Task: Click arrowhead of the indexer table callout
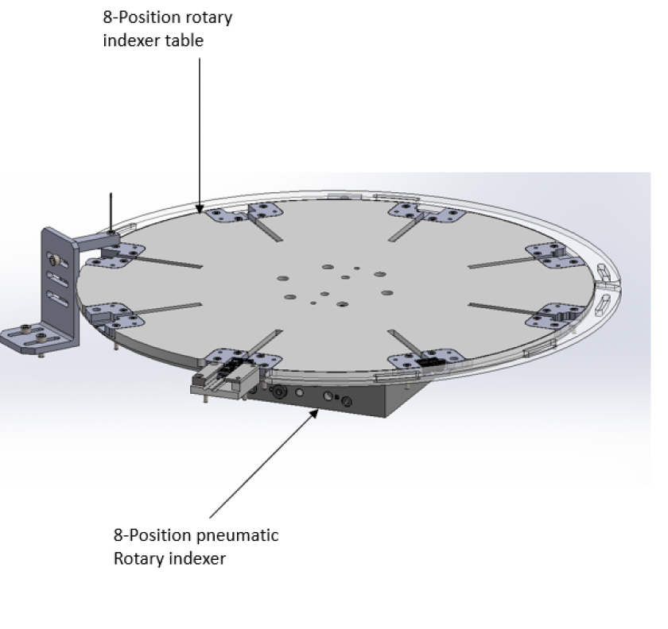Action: pos(200,209)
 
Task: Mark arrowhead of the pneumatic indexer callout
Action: pos(314,413)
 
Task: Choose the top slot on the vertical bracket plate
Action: pos(56,260)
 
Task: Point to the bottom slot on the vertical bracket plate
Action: pos(57,299)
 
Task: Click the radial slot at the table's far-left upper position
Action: pos(169,262)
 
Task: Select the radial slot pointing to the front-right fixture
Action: pos(405,342)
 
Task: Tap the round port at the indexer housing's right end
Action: pos(347,401)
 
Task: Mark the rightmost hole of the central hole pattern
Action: pos(386,293)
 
